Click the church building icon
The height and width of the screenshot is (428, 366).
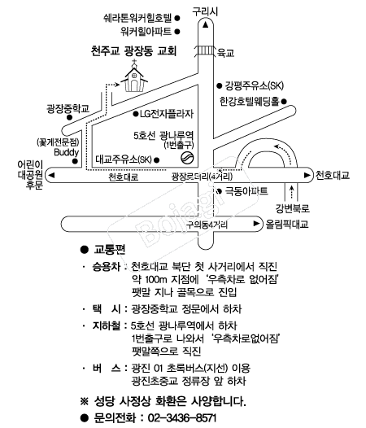134,76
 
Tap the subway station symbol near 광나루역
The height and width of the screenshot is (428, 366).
188,158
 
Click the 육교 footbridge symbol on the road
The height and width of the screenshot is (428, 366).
205,50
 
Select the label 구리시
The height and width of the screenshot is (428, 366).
205,11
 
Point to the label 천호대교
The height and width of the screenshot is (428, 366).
333,175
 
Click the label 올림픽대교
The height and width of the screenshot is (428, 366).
287,224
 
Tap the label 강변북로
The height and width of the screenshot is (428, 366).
292,209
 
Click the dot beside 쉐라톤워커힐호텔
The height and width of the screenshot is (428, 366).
177,18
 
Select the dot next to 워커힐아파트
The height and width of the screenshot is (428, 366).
177,32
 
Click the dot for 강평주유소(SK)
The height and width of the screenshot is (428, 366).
219,85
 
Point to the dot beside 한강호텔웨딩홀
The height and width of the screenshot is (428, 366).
284,102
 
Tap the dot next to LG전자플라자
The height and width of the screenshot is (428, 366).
136,114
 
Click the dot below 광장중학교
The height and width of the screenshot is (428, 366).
70,118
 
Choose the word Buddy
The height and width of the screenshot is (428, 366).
67,152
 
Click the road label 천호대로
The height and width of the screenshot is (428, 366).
124,177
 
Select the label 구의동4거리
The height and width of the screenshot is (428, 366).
207,225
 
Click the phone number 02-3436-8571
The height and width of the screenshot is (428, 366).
182,418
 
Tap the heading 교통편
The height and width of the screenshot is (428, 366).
110,250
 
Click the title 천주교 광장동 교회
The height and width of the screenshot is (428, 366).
133,51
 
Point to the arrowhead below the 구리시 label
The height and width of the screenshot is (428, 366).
206,25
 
